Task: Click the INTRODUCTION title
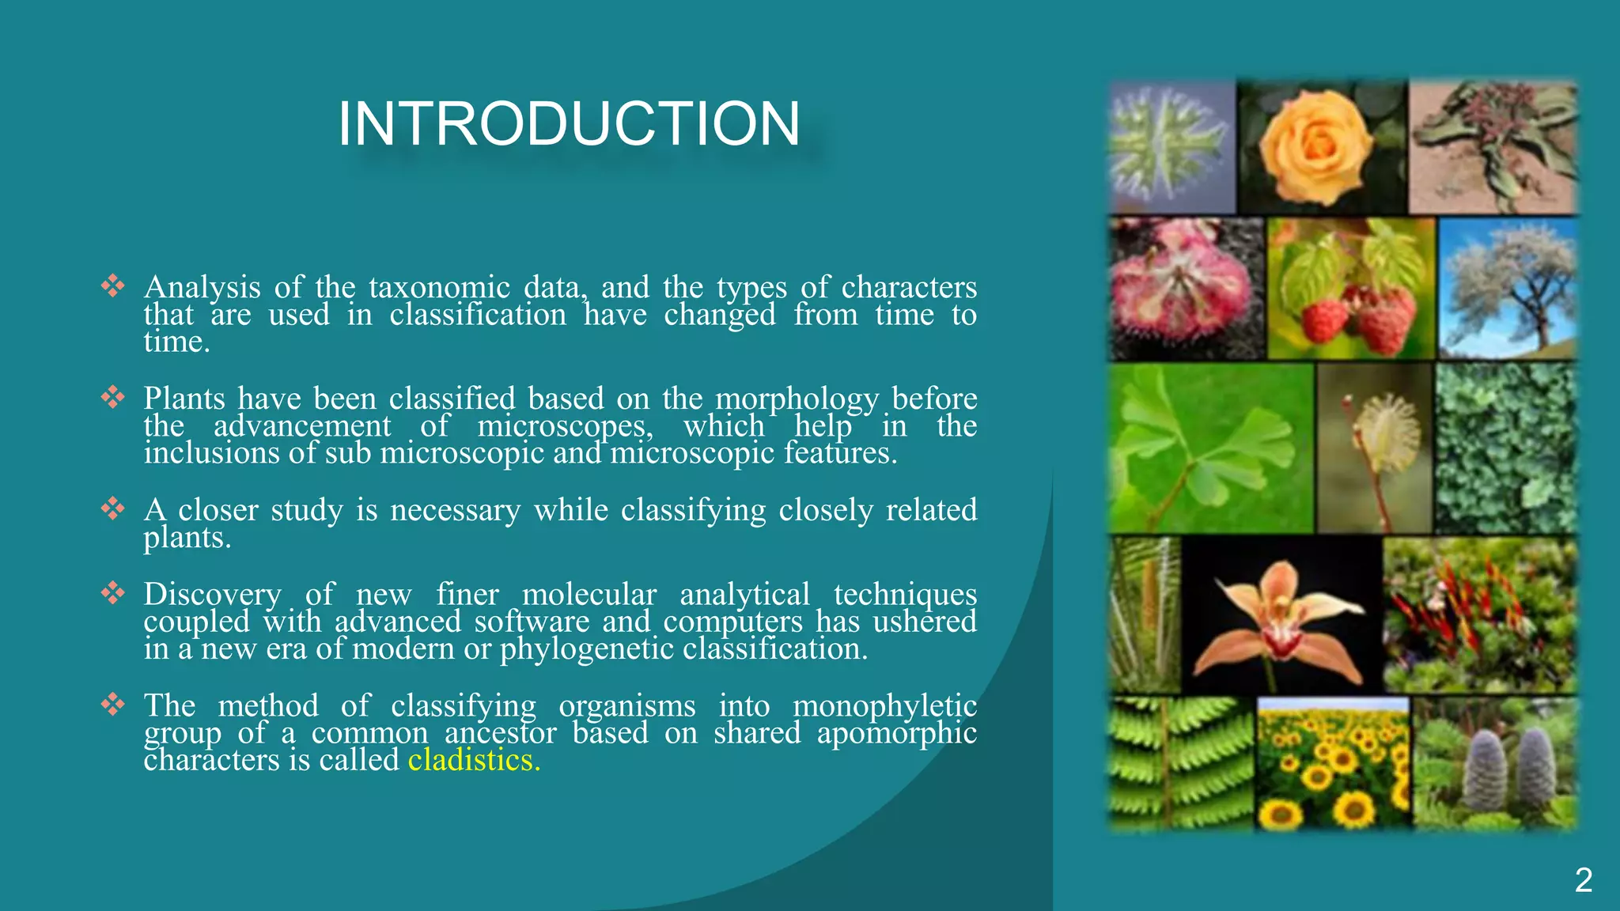click(568, 124)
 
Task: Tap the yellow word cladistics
click(473, 760)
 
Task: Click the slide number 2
click(1583, 880)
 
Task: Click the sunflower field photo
click(1333, 764)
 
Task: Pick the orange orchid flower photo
click(1281, 615)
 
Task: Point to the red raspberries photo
click(1351, 289)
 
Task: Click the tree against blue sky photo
click(1507, 289)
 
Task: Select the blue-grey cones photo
click(1495, 764)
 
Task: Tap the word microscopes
click(565, 426)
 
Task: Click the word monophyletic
click(884, 705)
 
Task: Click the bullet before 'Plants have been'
click(113, 397)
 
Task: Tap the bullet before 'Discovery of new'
click(113, 592)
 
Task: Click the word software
click(532, 622)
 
